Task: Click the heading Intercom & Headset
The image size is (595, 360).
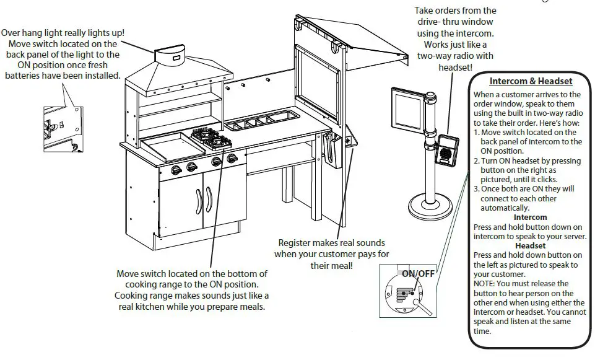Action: coord(531,81)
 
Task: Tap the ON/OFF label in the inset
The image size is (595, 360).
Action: coord(419,273)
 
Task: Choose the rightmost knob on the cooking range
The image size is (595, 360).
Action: coord(232,159)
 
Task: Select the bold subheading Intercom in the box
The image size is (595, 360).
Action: coord(531,217)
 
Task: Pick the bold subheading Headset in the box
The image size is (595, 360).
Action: coord(531,246)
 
